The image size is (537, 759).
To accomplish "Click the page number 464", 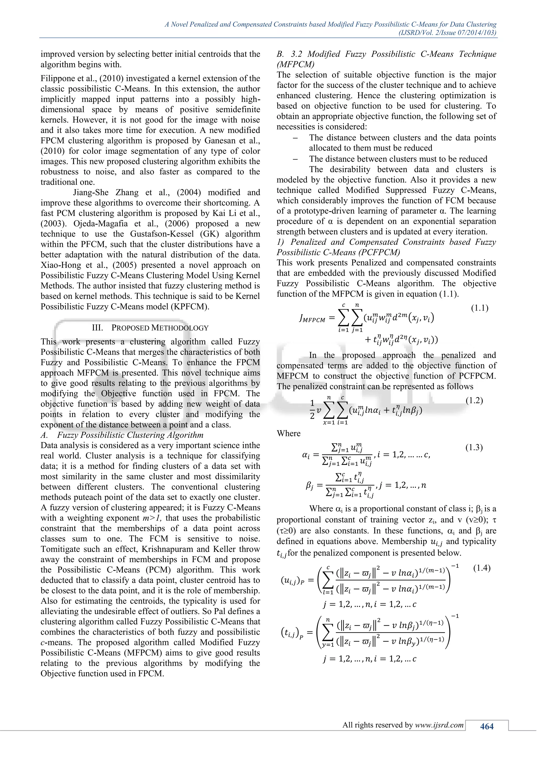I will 487,726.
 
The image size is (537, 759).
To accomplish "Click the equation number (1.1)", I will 480,308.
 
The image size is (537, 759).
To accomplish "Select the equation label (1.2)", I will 474,401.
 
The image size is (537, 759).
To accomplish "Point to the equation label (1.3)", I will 474,448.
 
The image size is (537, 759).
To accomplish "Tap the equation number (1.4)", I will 482,568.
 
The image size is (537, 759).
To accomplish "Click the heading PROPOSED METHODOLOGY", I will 160,328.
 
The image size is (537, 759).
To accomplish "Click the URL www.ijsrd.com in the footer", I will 439,725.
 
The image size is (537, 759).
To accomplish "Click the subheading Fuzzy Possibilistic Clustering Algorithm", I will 130,435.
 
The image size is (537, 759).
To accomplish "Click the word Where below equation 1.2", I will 289,433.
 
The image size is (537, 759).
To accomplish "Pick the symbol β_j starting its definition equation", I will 309,486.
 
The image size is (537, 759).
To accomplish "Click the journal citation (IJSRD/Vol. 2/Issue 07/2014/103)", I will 447,33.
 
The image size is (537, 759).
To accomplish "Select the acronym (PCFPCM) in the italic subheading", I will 380,253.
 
